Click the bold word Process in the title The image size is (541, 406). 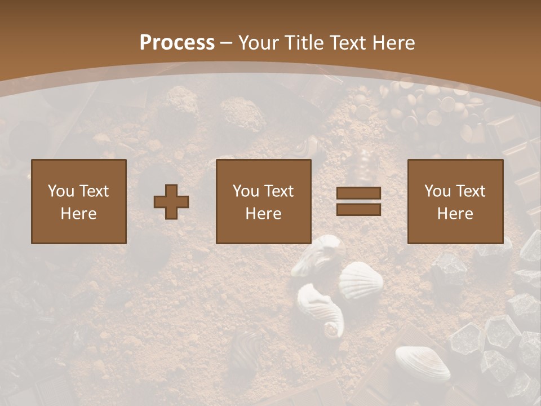177,42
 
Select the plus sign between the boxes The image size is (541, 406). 171,202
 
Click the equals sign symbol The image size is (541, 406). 358,201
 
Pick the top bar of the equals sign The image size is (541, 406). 358,193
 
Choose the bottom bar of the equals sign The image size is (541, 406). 358,209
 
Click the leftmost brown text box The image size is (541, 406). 79,201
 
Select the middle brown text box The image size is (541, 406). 264,201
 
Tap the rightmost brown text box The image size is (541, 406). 455,201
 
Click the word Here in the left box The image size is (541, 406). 79,214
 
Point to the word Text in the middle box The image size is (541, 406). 278,191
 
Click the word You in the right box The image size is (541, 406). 438,191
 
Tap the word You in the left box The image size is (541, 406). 61,191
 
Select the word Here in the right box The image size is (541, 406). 455,214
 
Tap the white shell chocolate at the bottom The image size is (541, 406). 422,363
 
